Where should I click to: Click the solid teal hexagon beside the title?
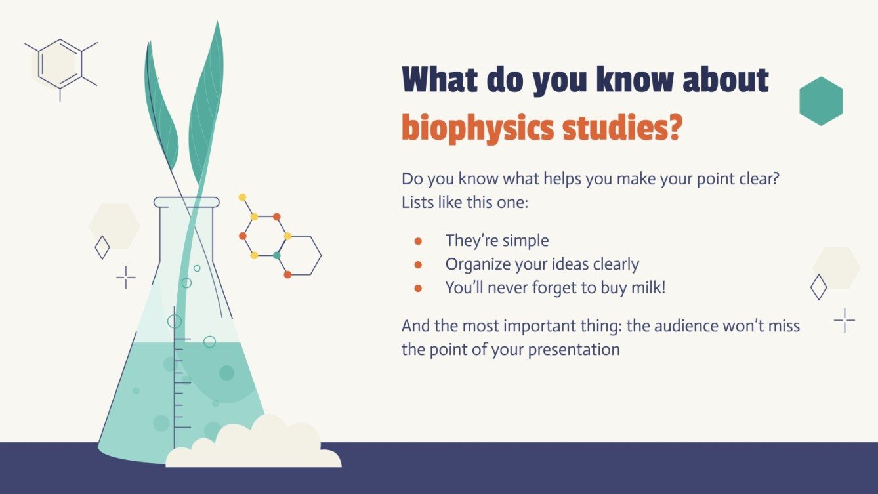pos(821,101)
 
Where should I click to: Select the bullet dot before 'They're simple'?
pos(418,241)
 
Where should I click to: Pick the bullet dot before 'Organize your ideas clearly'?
pos(418,265)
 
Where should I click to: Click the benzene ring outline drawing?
pos(60,64)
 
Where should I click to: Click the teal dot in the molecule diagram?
pos(276,255)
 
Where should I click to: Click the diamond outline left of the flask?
pos(102,247)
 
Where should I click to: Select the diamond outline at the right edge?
pos(818,287)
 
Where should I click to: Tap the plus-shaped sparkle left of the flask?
pos(125,278)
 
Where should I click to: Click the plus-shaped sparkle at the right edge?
pos(845,320)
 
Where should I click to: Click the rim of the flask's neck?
pos(186,202)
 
